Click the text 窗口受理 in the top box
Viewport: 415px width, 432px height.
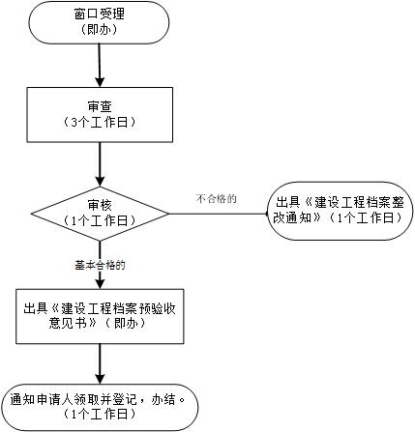[100, 14]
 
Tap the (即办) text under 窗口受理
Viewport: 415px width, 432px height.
[100, 29]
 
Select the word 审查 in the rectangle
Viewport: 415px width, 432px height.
[100, 106]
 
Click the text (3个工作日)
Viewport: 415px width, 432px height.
[100, 123]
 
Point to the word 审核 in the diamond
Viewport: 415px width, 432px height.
[100, 206]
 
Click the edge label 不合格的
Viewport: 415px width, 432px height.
[216, 198]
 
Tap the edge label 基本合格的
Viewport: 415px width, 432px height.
[100, 265]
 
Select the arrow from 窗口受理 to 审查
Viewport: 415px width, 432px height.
[100, 66]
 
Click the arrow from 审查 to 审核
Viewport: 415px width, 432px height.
[100, 164]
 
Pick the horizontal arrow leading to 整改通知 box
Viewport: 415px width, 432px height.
[219, 214]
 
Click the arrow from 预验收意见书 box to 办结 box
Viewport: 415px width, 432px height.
[100, 363]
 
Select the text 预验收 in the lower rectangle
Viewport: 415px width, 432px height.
[158, 308]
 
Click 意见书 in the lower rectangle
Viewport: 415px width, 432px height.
[68, 323]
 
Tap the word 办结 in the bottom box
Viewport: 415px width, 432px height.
[163, 399]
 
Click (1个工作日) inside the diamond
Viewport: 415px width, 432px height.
[100, 221]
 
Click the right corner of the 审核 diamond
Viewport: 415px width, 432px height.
[168, 214]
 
